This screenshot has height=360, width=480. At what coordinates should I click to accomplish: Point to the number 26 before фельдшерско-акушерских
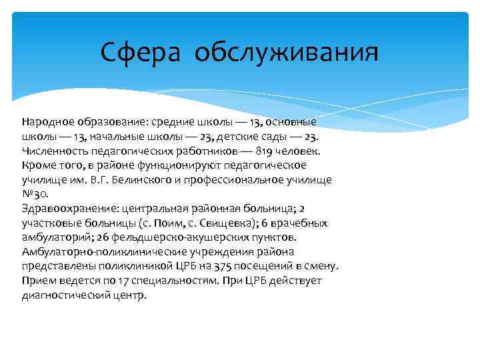point(98,237)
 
